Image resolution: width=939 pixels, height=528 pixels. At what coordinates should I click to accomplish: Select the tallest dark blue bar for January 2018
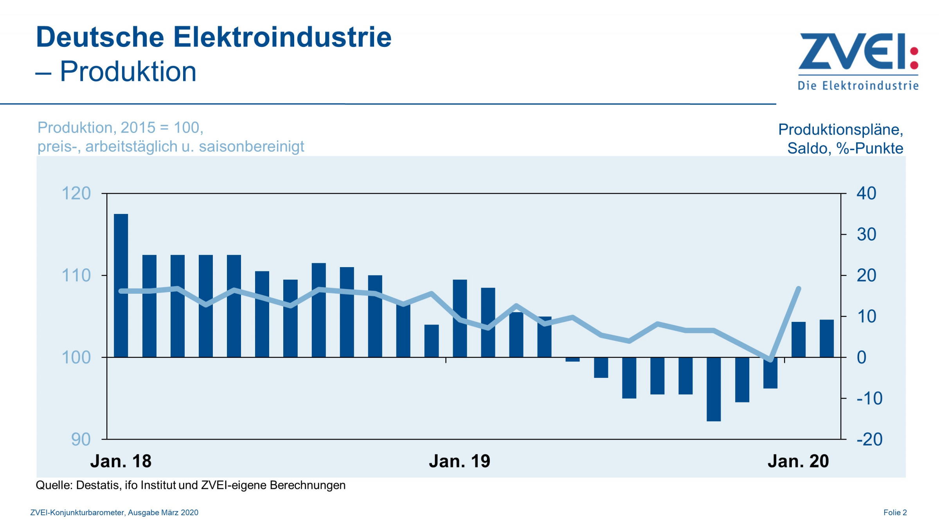pos(121,286)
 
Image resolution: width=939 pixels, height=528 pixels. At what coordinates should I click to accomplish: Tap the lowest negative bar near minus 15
pos(714,389)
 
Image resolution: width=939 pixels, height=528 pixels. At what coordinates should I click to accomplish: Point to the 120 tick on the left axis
pos(76,194)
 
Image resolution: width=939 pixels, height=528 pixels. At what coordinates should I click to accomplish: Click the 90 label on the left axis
pos(81,440)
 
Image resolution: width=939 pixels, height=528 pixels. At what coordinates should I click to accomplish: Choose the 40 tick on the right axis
pos(866,194)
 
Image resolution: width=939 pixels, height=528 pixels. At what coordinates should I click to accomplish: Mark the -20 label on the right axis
pos(869,440)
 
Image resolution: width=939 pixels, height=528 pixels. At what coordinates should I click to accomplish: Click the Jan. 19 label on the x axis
pos(459,462)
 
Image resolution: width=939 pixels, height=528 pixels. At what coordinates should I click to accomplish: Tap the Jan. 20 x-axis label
pos(798,462)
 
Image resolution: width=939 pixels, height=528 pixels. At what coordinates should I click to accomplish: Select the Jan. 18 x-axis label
pos(121,462)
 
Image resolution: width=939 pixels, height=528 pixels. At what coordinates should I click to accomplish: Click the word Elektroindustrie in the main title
pos(282,38)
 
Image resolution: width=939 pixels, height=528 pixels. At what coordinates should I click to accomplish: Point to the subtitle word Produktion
pos(128,72)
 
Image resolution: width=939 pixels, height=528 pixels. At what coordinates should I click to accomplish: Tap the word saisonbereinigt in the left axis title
pos(251,147)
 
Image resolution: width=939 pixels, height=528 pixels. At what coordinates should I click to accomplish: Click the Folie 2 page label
pos(895,513)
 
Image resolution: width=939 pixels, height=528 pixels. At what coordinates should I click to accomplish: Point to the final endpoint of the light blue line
pos(799,289)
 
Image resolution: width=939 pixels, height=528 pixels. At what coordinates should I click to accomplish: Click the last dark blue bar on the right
pos(826,339)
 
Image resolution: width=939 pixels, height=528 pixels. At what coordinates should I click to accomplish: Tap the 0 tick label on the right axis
pos(862,357)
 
